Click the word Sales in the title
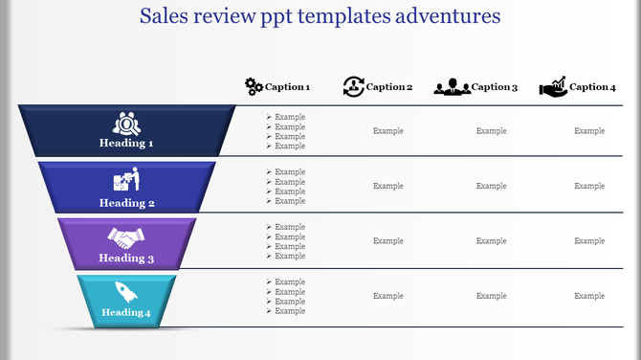click(165, 16)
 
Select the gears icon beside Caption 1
click(254, 86)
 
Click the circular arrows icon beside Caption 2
click(353, 86)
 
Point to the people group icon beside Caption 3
click(452, 87)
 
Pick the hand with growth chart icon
click(552, 86)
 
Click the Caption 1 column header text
click(288, 87)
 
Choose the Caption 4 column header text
click(592, 87)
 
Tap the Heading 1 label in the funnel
click(126, 144)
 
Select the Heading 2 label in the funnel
click(126, 203)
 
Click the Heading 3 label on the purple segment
click(126, 259)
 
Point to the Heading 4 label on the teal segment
click(126, 313)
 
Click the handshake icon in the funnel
click(125, 236)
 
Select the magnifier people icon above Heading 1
click(126, 124)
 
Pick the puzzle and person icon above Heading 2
click(126, 180)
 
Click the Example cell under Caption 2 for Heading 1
click(388, 131)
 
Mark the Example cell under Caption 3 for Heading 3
click(492, 241)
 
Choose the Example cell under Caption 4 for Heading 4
click(589, 296)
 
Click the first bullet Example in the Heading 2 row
click(290, 172)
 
